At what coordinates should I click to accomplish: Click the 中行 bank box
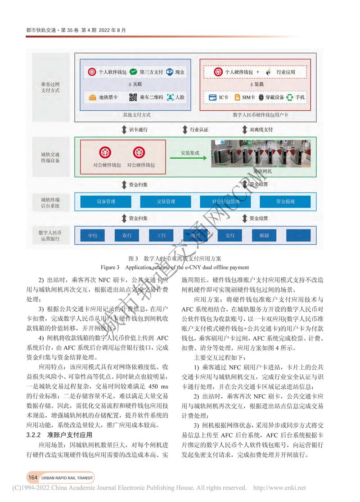pos(93,235)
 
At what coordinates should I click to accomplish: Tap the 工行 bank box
pos(162,235)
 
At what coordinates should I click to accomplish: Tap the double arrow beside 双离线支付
pos(244,130)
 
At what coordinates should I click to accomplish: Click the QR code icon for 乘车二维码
pos(133,97)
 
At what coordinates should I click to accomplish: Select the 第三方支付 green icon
pos(133,72)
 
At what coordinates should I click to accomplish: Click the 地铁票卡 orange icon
pos(93,97)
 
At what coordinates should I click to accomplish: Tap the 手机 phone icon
pos(290,97)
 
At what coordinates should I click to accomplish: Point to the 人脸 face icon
pos(170,97)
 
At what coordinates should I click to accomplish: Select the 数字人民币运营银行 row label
pos(50,235)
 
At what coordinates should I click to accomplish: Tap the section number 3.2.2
pos(36,435)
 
